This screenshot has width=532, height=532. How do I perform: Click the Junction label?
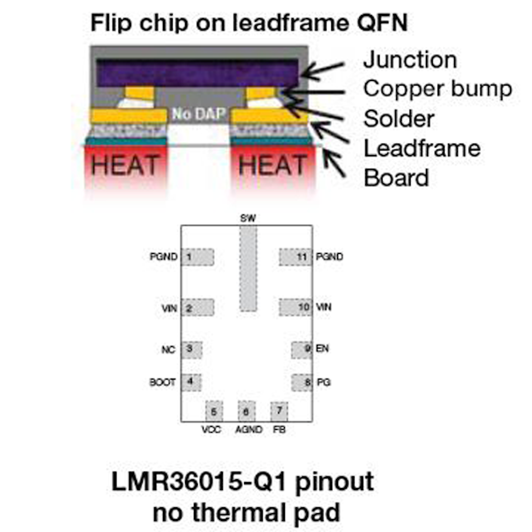click(410, 60)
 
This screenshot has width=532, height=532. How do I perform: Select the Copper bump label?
click(438, 89)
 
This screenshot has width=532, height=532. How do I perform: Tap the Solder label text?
click(399, 119)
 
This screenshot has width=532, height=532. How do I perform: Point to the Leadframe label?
click(422, 149)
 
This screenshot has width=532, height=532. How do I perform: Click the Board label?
click(396, 178)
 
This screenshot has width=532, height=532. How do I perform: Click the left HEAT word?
click(125, 165)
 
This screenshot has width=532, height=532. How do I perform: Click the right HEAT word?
click(273, 165)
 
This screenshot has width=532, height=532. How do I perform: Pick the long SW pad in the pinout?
click(248, 268)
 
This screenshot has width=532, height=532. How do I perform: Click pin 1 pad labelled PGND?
click(198, 257)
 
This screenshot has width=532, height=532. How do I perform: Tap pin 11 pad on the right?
click(296, 257)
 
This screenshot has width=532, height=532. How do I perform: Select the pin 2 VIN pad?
click(198, 307)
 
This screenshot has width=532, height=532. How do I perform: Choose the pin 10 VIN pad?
click(296, 307)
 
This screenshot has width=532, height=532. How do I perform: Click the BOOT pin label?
click(162, 382)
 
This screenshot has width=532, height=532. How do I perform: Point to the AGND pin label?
click(249, 430)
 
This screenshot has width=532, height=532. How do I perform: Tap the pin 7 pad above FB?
click(279, 411)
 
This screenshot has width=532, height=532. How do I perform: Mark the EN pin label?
click(323, 349)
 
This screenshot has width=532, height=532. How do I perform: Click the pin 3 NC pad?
click(191, 350)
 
